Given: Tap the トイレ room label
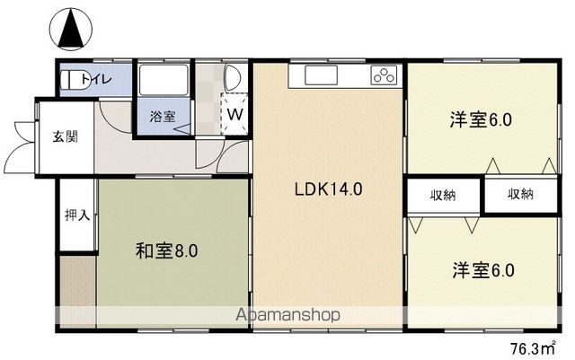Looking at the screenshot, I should pyautogui.click(x=96, y=80).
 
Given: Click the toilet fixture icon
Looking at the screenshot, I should pyautogui.click(x=71, y=80).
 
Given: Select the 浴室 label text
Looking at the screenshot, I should pyautogui.click(x=162, y=115).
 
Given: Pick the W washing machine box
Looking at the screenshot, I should pyautogui.click(x=234, y=114).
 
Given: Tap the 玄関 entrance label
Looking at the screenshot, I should pyautogui.click(x=63, y=137).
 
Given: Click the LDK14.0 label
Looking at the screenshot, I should pyautogui.click(x=328, y=189).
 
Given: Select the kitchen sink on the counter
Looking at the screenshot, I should pyautogui.click(x=321, y=75).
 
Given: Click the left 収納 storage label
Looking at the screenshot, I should pyautogui.click(x=442, y=195).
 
